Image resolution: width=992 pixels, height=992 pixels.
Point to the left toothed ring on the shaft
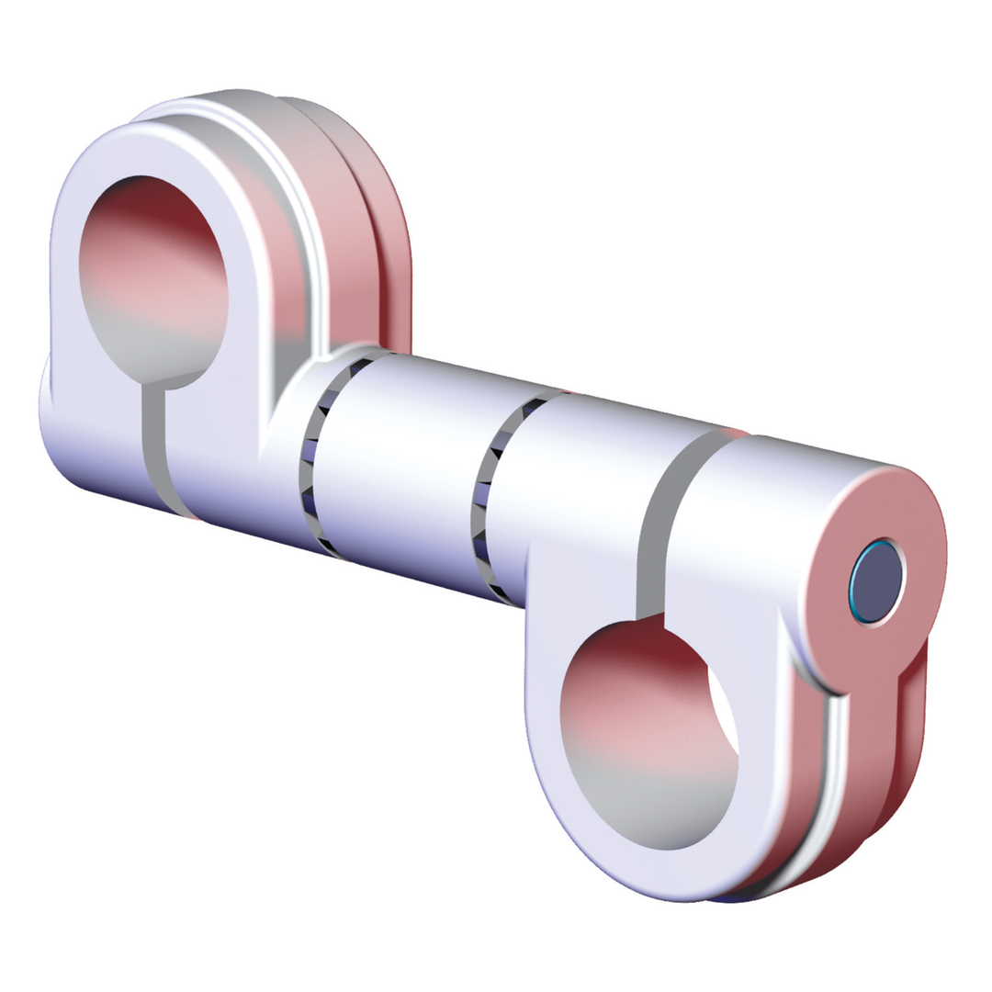click(317, 459)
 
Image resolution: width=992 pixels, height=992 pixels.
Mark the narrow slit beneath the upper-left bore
click(153, 450)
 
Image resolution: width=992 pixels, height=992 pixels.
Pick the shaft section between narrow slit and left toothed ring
click(239, 459)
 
